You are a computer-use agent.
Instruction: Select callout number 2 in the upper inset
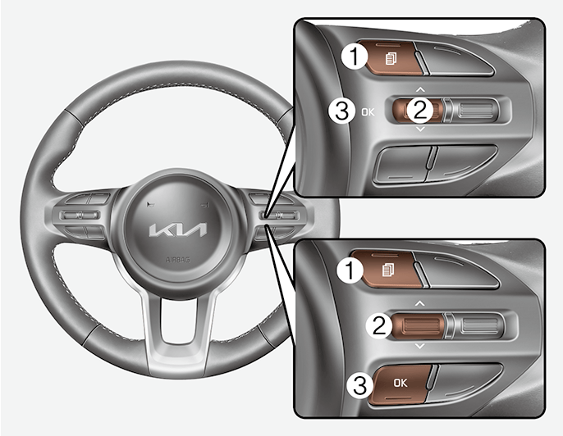point(420,107)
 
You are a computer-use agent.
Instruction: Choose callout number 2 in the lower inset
point(378,325)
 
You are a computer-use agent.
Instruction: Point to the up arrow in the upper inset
point(420,87)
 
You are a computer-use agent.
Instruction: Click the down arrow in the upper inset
point(421,129)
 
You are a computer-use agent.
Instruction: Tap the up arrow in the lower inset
point(420,303)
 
